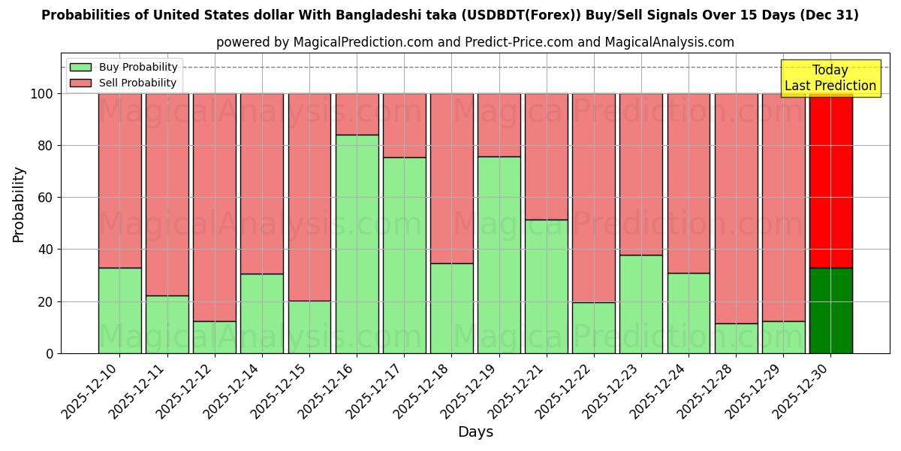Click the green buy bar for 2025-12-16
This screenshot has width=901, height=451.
point(357,244)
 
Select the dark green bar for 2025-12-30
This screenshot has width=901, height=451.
point(830,310)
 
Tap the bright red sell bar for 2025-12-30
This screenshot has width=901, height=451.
point(830,180)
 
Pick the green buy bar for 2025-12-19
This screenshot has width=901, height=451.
point(499,255)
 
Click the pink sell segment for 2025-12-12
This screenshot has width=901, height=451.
point(215,207)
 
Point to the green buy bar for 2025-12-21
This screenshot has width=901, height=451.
point(547,286)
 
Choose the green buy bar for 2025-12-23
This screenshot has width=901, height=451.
point(641,304)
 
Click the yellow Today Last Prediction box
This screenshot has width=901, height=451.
point(830,78)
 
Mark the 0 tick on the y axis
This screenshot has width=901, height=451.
point(50,353)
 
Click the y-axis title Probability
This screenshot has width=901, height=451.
point(19,204)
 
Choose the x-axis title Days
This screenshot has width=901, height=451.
point(475,432)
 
